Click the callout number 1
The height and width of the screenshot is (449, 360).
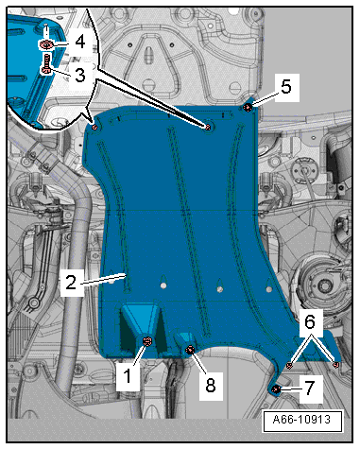[x=127, y=375]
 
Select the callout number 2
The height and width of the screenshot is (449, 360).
[x=71, y=282]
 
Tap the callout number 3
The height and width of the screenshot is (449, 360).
[x=79, y=75]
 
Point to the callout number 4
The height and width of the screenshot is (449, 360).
[x=80, y=42]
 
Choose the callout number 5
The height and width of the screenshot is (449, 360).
[x=285, y=87]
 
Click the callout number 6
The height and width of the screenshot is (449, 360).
[x=310, y=321]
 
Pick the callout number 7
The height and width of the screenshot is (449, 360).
[x=310, y=388]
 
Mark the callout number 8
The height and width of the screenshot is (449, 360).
[x=210, y=385]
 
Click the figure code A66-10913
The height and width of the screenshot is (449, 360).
[x=301, y=420]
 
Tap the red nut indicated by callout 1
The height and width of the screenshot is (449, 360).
[x=147, y=341]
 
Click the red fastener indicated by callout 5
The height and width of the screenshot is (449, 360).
[x=248, y=108]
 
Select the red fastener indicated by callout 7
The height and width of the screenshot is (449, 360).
[x=276, y=389]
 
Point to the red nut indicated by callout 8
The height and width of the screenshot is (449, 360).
[x=190, y=350]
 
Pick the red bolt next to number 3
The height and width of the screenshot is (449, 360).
[x=46, y=64]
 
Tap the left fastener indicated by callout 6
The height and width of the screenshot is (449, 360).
[x=289, y=366]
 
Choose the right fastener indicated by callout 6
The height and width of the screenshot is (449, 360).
[x=335, y=365]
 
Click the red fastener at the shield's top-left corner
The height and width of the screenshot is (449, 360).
[x=94, y=128]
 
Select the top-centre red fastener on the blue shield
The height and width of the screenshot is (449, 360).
[x=208, y=127]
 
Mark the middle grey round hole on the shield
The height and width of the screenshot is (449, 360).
[x=219, y=288]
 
